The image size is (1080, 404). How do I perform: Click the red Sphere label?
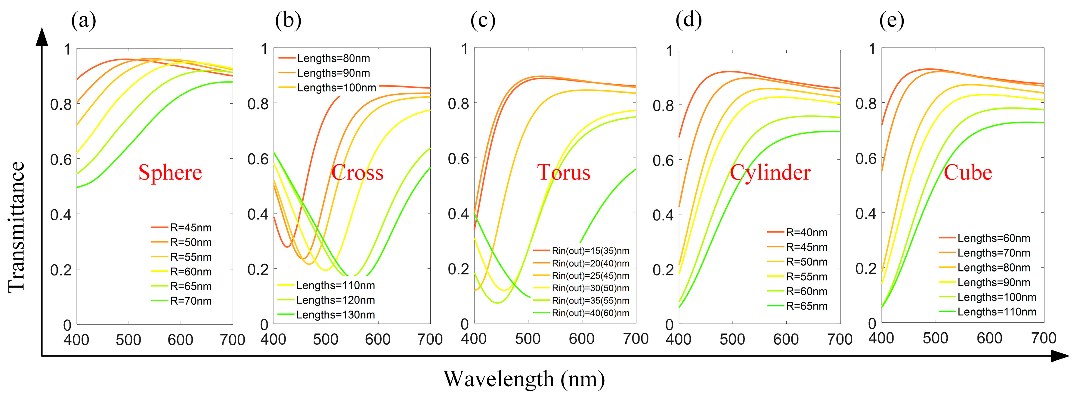point(170,172)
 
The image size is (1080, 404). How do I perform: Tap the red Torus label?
point(564,172)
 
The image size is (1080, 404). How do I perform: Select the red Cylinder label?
point(770,172)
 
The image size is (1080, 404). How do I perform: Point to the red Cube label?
point(968,172)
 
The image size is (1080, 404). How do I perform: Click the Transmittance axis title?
point(17,227)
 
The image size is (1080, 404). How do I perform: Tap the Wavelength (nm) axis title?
point(524,379)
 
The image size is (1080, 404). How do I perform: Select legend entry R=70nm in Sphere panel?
point(190,301)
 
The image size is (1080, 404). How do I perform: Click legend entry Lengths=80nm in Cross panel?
point(333,58)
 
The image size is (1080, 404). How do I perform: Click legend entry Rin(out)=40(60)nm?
point(590,313)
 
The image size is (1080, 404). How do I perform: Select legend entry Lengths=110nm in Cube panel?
point(997,312)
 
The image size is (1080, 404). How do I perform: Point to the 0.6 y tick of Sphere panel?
point(61,160)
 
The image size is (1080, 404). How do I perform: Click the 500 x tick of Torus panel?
point(528,339)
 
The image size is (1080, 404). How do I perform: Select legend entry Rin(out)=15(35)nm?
point(590,251)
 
